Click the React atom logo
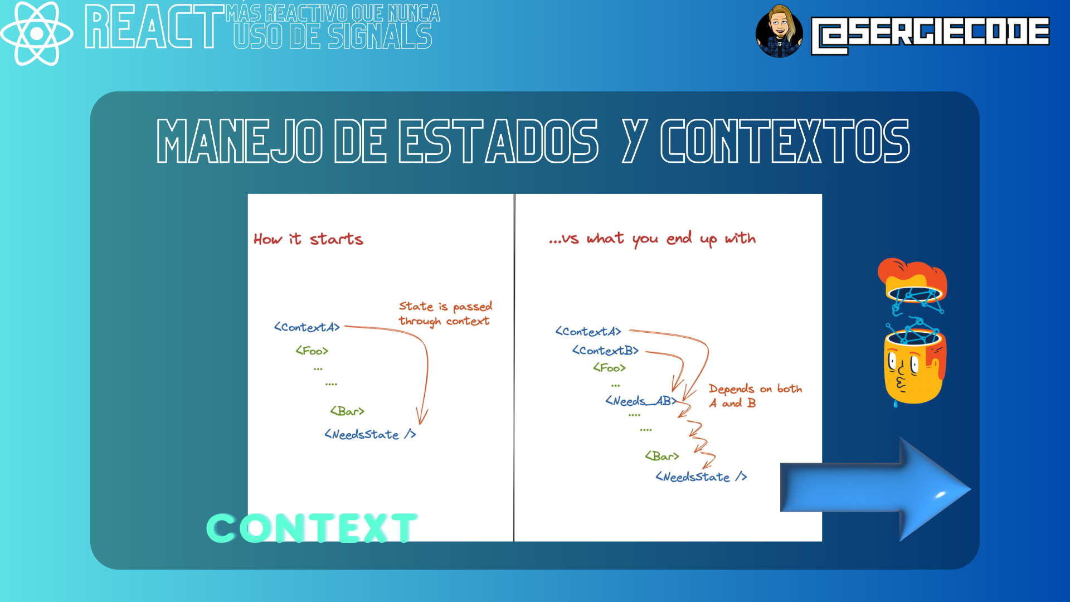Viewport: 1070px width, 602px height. tap(37, 33)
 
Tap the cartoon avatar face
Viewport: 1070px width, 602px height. tap(779, 31)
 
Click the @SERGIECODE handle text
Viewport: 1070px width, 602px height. tap(930, 35)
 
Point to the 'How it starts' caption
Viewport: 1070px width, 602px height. tap(308, 239)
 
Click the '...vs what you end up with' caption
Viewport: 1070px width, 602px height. tap(652, 239)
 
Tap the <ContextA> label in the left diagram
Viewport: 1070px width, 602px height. tap(307, 327)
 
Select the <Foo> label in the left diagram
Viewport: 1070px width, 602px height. tap(312, 351)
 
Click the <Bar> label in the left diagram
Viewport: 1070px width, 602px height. tap(347, 411)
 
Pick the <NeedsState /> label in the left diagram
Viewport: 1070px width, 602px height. tap(371, 434)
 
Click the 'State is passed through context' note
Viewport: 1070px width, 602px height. tap(445, 314)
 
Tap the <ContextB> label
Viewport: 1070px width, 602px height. tap(605, 351)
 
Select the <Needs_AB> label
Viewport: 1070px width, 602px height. tap(641, 401)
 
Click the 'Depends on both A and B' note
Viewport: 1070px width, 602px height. tap(755, 396)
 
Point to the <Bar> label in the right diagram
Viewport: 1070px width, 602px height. tap(662, 456)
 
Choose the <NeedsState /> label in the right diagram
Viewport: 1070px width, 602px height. tap(701, 477)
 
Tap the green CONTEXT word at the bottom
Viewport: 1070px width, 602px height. tap(312, 528)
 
